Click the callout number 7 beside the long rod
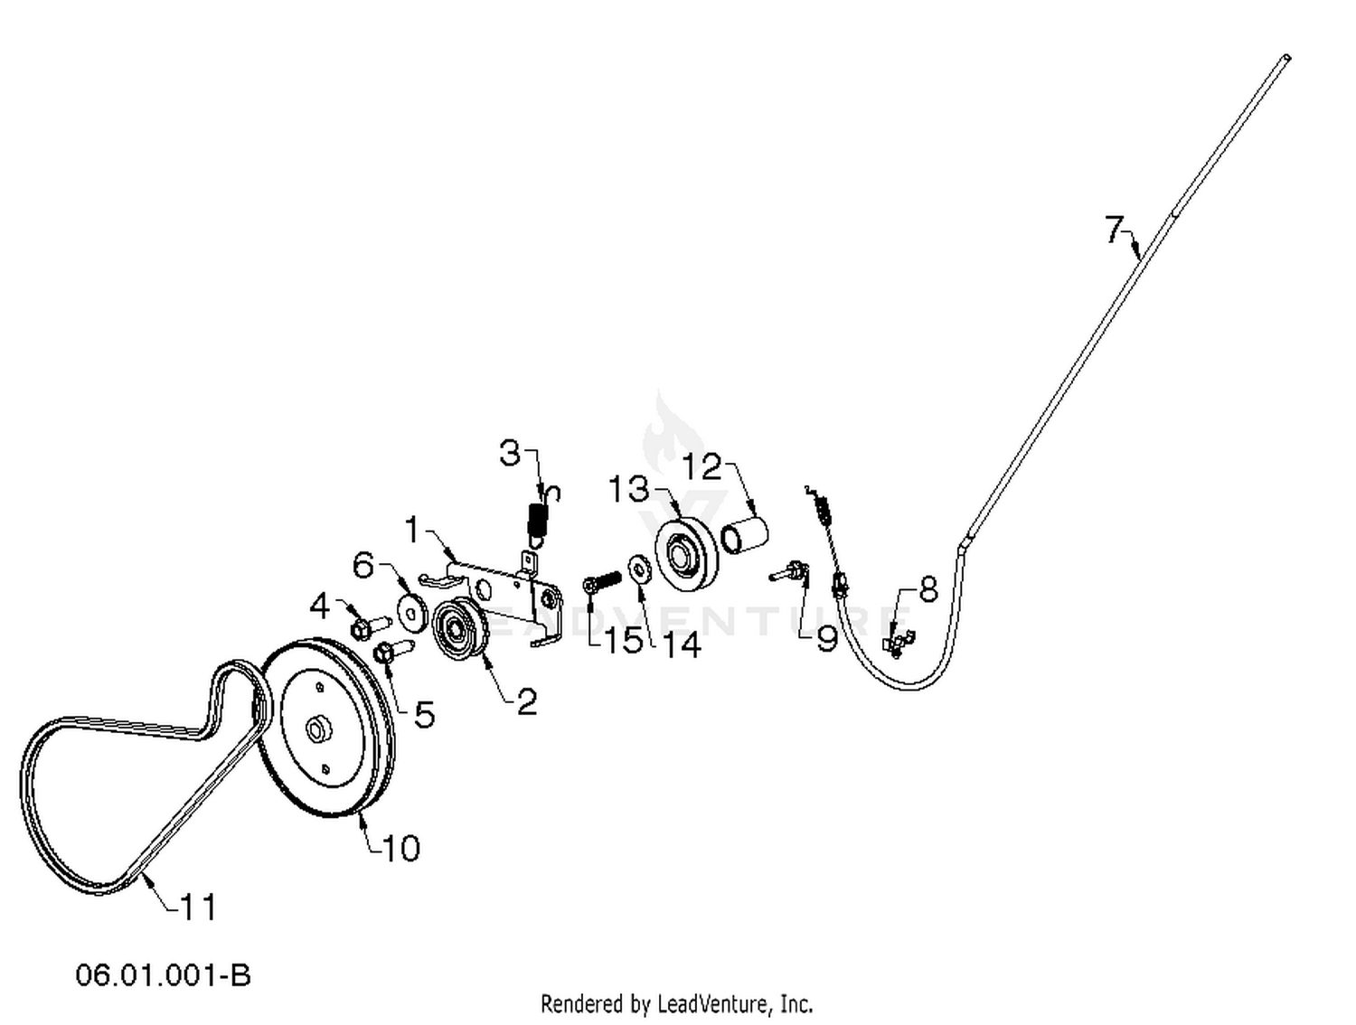(x=1113, y=229)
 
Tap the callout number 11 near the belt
(x=198, y=907)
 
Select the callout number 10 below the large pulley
(x=401, y=848)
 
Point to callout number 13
(x=629, y=488)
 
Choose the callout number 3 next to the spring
(x=510, y=453)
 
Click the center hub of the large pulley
(x=319, y=729)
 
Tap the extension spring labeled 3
(x=541, y=517)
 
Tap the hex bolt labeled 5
(x=394, y=650)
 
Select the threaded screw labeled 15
(x=600, y=581)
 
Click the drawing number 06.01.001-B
(x=163, y=976)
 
